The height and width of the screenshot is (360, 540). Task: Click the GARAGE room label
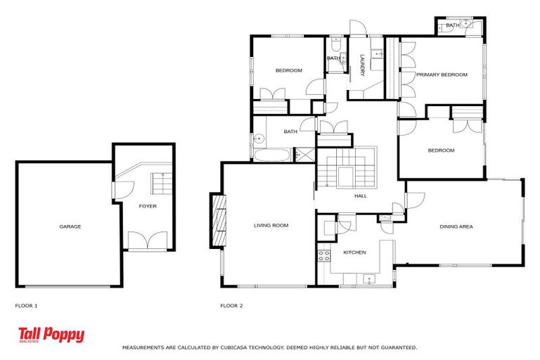coord(70,226)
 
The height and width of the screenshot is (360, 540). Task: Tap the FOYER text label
coord(148,206)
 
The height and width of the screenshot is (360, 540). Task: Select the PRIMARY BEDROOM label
coord(441,75)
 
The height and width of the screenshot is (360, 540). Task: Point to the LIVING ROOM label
coord(271,226)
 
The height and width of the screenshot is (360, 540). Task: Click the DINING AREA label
coord(456,226)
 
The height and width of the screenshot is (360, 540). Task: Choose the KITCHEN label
coord(354,252)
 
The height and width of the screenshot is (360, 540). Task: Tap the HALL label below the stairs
coord(360,197)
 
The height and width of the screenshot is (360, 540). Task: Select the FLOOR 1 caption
coord(27,306)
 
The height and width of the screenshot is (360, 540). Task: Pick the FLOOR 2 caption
coord(231,306)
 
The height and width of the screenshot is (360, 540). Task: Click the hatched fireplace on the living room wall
coord(218,220)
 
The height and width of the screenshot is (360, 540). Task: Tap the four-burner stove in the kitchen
coord(324,256)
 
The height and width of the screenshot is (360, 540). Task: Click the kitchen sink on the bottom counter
coord(370,279)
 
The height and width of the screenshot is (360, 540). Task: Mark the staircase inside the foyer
coord(161,185)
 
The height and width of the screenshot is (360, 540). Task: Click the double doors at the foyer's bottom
coord(148,241)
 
